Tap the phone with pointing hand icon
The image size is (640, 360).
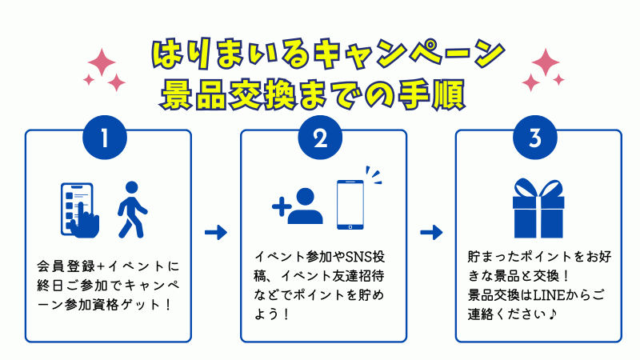pos(80,210)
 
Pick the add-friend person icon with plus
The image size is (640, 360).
pos(299,206)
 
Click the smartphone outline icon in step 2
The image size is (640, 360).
pos(350,204)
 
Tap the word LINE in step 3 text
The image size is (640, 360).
pos(550,297)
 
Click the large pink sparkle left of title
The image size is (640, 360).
pos(102,62)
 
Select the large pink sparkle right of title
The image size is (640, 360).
pos(546,62)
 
